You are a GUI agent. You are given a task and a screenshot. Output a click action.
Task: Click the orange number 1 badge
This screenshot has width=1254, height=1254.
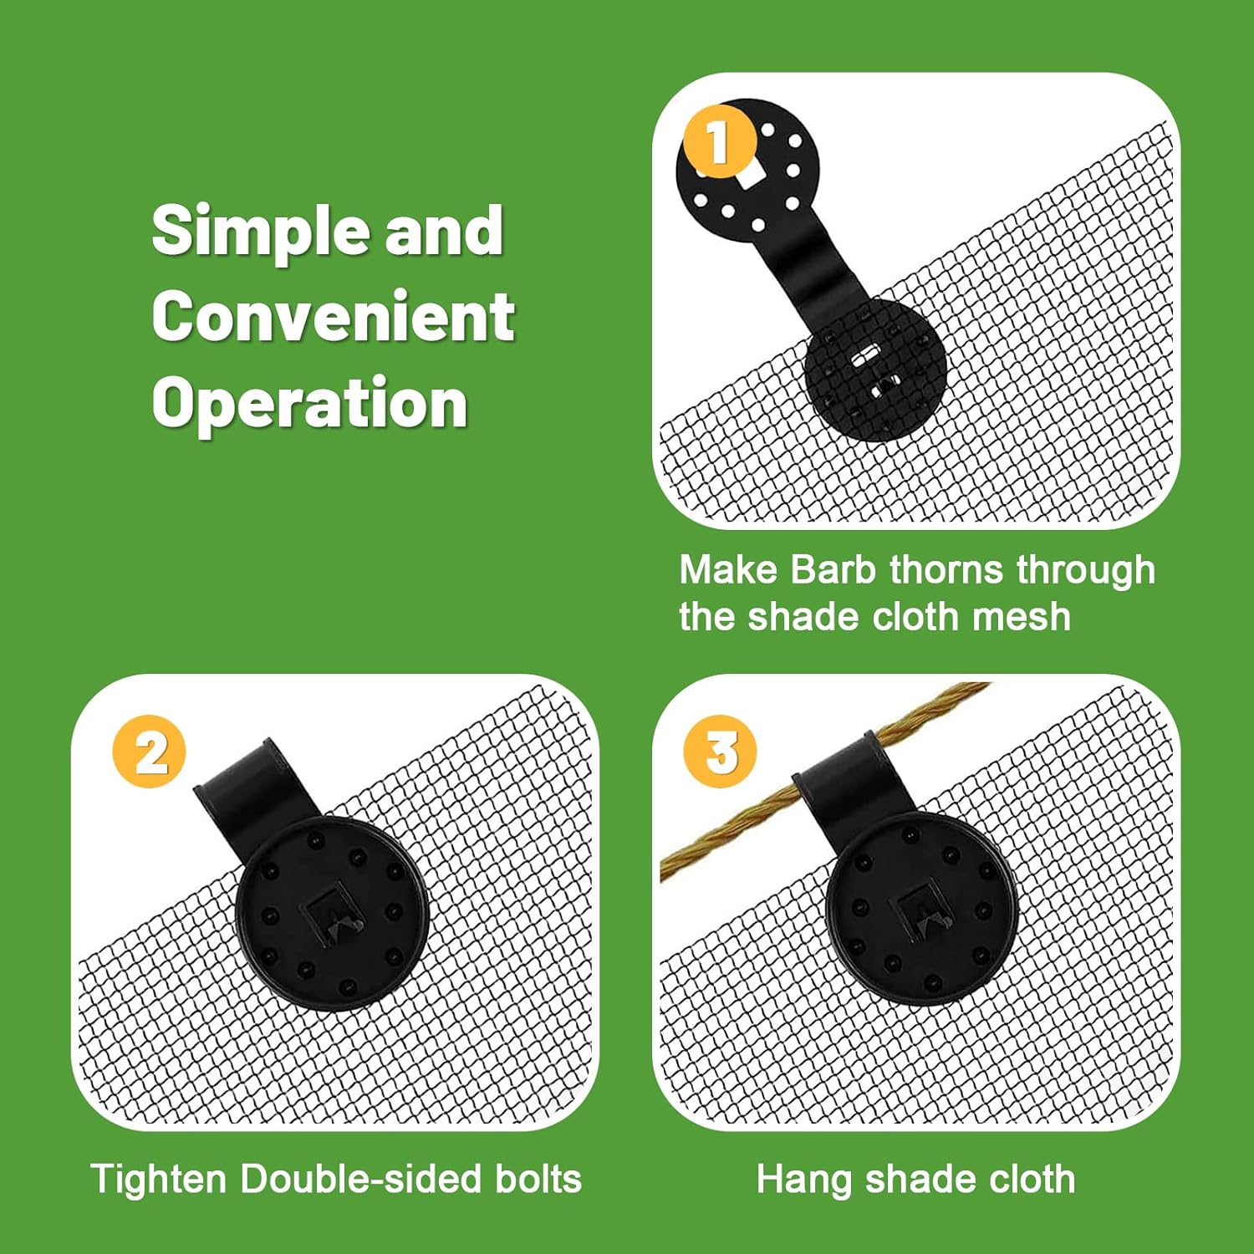click(x=720, y=140)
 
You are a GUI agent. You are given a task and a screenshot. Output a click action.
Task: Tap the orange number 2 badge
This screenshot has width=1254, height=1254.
click(x=150, y=752)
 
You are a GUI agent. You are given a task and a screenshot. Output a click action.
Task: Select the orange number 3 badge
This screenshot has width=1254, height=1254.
click(x=720, y=752)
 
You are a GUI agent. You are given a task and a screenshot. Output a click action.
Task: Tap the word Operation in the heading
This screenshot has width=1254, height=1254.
click(x=309, y=404)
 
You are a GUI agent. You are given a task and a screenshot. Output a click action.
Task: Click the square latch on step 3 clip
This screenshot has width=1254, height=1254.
click(x=924, y=911)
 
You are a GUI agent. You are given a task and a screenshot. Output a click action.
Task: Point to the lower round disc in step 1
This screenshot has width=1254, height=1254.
click(x=874, y=368)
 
